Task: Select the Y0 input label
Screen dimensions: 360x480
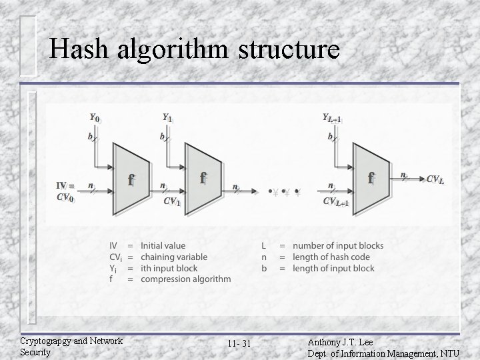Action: pyautogui.click(x=95, y=117)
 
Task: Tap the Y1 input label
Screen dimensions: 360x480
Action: pyautogui.click(x=168, y=117)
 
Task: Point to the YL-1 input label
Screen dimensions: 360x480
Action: pyautogui.click(x=332, y=118)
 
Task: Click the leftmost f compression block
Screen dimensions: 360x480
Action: pyautogui.click(x=133, y=178)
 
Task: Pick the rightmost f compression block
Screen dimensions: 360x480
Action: pyautogui.click(x=372, y=178)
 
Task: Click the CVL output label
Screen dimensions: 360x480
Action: pyautogui.click(x=435, y=179)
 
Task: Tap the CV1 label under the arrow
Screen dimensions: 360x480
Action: pyautogui.click(x=171, y=201)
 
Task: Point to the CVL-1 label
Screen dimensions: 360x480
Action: pyautogui.click(x=339, y=201)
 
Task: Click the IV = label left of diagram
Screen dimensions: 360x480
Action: pyautogui.click(x=65, y=186)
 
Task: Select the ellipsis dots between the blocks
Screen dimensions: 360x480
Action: pyautogui.click(x=283, y=193)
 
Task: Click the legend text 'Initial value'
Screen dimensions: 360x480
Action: pyautogui.click(x=163, y=246)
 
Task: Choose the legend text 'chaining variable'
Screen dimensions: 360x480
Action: pyautogui.click(x=173, y=257)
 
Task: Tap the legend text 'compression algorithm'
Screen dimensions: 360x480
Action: pyautogui.click(x=185, y=279)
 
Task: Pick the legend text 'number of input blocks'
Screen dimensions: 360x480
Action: pyautogui.click(x=338, y=246)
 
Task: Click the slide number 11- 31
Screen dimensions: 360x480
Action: pyautogui.click(x=237, y=343)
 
